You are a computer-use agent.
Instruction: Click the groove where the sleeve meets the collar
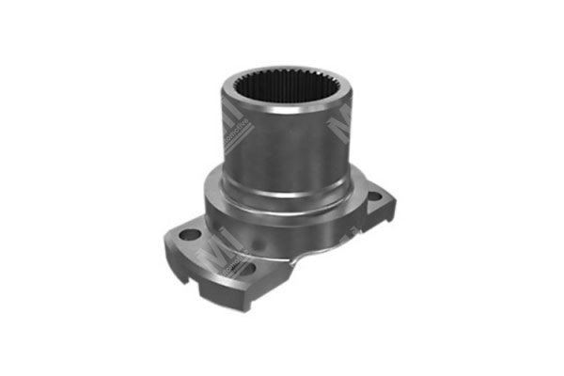coord(277,191)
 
